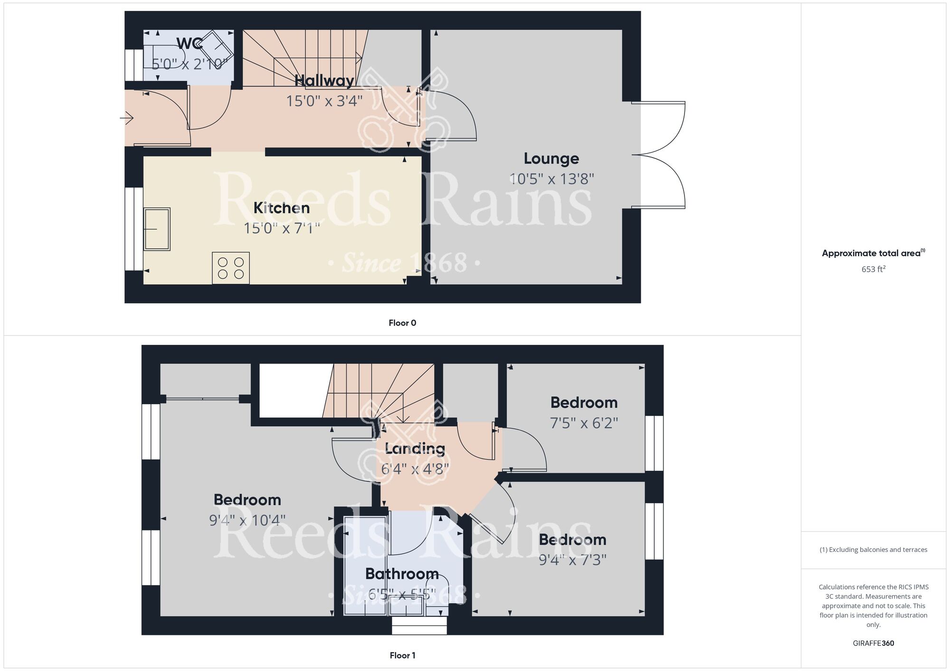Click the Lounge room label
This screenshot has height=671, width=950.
click(551, 158)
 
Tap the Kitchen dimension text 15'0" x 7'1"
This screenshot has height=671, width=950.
click(282, 229)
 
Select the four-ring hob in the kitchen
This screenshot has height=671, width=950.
click(231, 268)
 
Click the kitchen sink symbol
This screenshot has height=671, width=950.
click(157, 229)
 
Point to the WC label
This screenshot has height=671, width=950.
click(190, 44)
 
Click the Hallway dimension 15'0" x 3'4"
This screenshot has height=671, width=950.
click(324, 101)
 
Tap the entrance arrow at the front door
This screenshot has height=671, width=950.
click(127, 118)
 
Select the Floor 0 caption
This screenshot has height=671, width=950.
click(402, 323)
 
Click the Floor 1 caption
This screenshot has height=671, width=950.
click(402, 655)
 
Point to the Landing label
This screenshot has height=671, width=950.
click(415, 449)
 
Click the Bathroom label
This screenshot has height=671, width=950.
click(402, 574)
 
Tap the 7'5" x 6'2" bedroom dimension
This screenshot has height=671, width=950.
click(584, 423)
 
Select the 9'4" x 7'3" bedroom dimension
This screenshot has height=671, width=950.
click(572, 560)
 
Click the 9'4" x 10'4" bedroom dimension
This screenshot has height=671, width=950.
click(247, 521)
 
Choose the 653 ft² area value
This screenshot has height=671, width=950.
click(874, 269)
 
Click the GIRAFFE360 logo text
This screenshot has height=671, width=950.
click(874, 643)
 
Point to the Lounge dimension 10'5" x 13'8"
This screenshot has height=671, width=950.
click(551, 179)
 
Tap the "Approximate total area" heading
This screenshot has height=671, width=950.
click(873, 253)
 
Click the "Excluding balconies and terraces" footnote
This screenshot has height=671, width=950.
click(874, 550)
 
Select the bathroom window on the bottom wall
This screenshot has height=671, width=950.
click(419, 625)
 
